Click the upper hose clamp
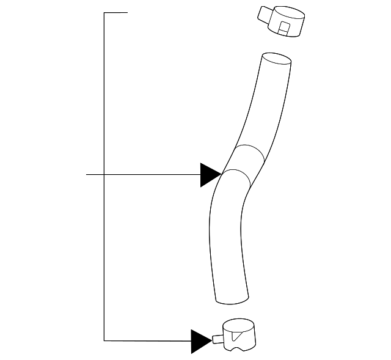(282, 21)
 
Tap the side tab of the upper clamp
(264, 13)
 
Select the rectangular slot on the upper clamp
(283, 27)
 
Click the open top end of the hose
(276, 59)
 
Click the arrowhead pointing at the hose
(210, 175)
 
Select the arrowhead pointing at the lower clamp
(201, 341)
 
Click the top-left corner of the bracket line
(104, 12)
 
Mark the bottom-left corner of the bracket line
(104, 340)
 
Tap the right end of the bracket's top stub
(127, 12)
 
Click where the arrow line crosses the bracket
(104, 175)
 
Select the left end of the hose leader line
(87, 175)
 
